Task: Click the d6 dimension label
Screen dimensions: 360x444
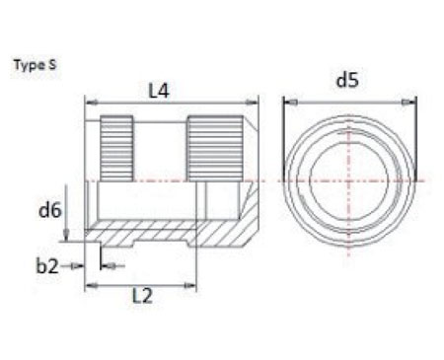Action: [x=49, y=209]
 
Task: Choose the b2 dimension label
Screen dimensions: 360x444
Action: [x=46, y=264]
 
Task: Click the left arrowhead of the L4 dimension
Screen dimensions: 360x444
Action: [x=91, y=102]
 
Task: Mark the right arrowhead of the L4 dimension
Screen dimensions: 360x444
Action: [x=255, y=102]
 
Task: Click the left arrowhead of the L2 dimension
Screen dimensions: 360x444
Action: [x=91, y=284]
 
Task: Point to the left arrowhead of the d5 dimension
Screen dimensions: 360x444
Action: [x=287, y=101]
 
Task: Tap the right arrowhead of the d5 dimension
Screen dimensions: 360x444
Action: [x=413, y=101]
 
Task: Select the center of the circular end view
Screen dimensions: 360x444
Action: [x=350, y=181]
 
